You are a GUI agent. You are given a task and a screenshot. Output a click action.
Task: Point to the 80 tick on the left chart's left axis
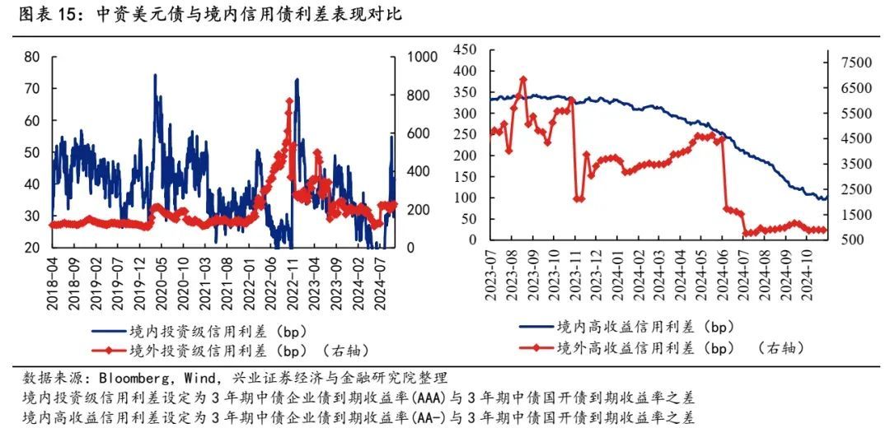(32, 57)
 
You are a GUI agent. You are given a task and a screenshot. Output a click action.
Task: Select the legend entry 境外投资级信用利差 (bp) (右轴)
(222, 350)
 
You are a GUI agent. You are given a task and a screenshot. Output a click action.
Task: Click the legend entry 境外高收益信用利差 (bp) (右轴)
(659, 348)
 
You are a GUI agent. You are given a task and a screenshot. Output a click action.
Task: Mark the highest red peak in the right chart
(522, 79)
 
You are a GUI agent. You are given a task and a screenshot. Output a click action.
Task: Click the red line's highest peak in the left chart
(289, 101)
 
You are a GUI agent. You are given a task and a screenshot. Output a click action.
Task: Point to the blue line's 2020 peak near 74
(155, 75)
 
